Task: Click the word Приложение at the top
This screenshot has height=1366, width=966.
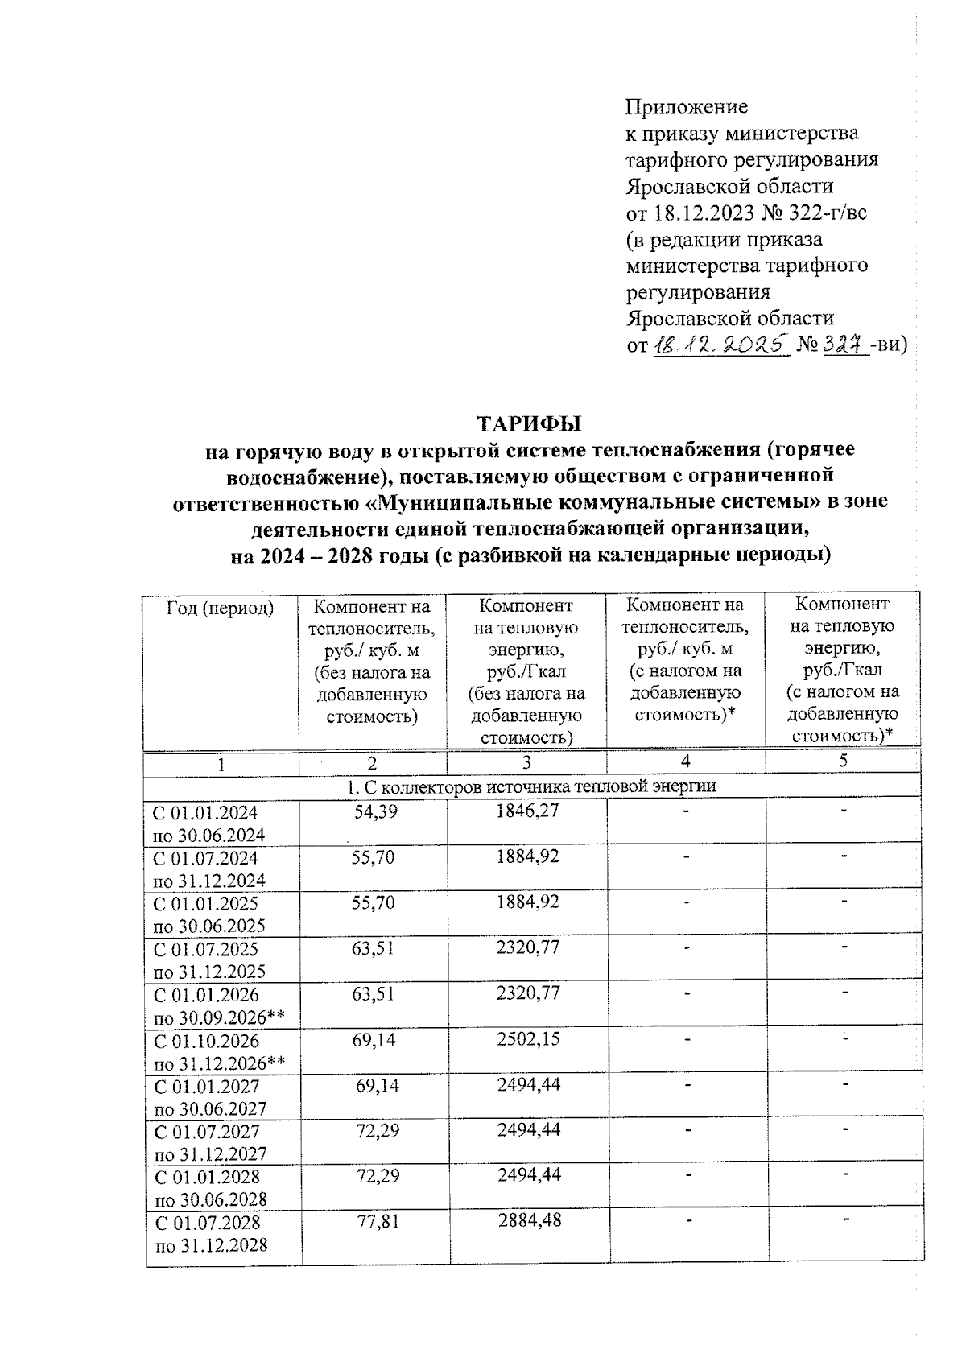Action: click(687, 107)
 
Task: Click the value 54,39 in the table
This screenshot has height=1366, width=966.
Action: click(376, 812)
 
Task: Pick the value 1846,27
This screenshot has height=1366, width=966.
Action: click(527, 812)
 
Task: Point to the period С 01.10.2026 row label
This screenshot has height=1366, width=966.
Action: click(207, 1042)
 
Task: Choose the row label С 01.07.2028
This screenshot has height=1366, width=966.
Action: click(208, 1223)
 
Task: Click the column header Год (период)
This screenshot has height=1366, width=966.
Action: click(220, 608)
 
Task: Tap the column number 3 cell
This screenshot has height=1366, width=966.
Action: click(526, 763)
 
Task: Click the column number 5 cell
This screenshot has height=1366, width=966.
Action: click(843, 761)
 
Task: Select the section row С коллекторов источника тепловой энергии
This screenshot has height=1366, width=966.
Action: click(531, 786)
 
